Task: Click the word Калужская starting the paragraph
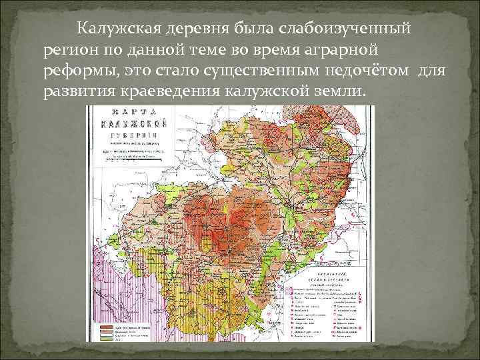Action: pos(117,29)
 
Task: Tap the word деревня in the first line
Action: pos(196,29)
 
